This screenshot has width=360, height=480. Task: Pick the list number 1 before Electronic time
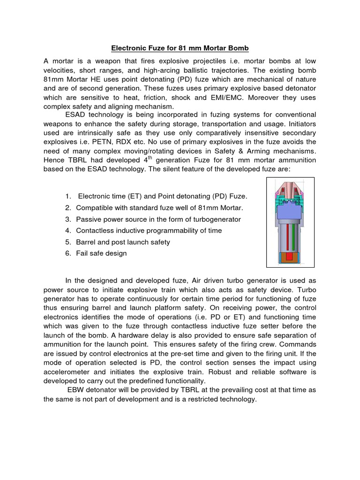pyautogui.click(x=68, y=195)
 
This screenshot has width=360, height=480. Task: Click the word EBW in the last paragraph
pyautogui.click(x=76, y=391)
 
